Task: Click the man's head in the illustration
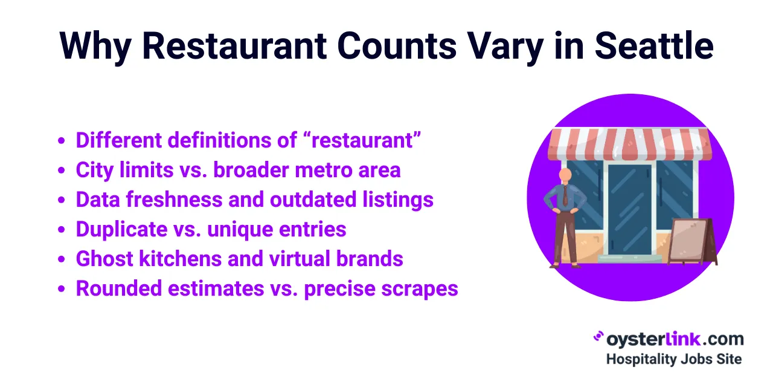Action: coord(565,175)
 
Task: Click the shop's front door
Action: coord(629,209)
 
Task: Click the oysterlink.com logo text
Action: coord(674,339)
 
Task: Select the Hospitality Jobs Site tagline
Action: coord(673,359)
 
